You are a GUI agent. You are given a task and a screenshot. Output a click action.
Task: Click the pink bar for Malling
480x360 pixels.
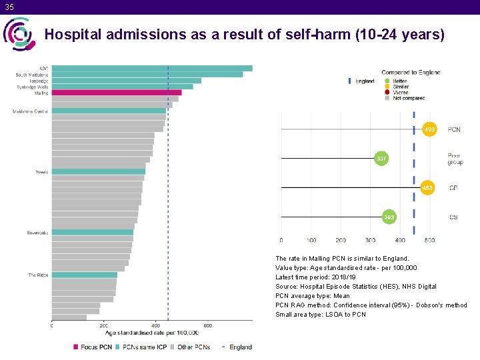117,93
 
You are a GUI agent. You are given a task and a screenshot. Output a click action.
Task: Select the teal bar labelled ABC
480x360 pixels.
152,68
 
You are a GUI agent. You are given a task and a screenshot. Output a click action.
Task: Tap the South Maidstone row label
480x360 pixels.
32,75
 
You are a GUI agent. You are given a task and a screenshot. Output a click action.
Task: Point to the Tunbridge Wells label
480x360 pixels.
33,87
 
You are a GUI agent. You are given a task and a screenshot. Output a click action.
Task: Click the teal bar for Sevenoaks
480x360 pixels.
93,233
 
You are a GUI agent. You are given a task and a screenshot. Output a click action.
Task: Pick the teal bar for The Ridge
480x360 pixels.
85,275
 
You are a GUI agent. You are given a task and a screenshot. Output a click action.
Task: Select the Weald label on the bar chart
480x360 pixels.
41,172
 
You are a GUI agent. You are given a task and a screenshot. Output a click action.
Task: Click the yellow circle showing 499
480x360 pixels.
430,129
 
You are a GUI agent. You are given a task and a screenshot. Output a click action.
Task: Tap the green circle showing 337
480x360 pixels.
381,159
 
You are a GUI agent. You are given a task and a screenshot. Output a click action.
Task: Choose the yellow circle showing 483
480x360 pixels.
427,188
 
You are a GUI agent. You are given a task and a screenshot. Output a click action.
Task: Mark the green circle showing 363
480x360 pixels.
389,217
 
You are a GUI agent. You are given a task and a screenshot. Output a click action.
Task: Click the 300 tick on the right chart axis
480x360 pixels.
370,240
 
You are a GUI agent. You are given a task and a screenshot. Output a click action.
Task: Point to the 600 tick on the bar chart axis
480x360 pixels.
208,325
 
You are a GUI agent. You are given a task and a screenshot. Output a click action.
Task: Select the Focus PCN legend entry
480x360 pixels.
93,347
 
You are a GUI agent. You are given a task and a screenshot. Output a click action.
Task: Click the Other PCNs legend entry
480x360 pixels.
191,347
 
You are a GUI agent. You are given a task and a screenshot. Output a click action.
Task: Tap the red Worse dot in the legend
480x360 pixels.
387,93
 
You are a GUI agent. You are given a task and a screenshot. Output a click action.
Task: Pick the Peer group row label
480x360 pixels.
455,159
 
